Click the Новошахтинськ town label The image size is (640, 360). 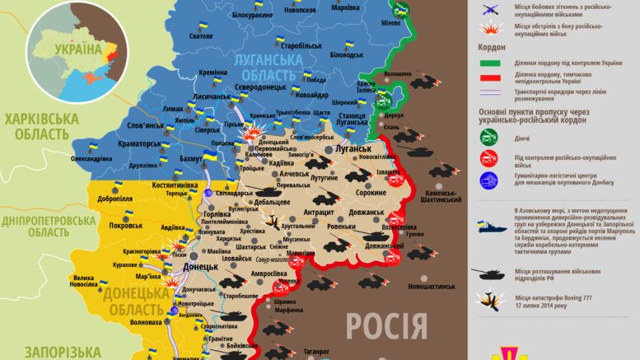(424, 286)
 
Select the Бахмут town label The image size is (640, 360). (192, 157)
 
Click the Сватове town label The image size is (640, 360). (200, 59)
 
